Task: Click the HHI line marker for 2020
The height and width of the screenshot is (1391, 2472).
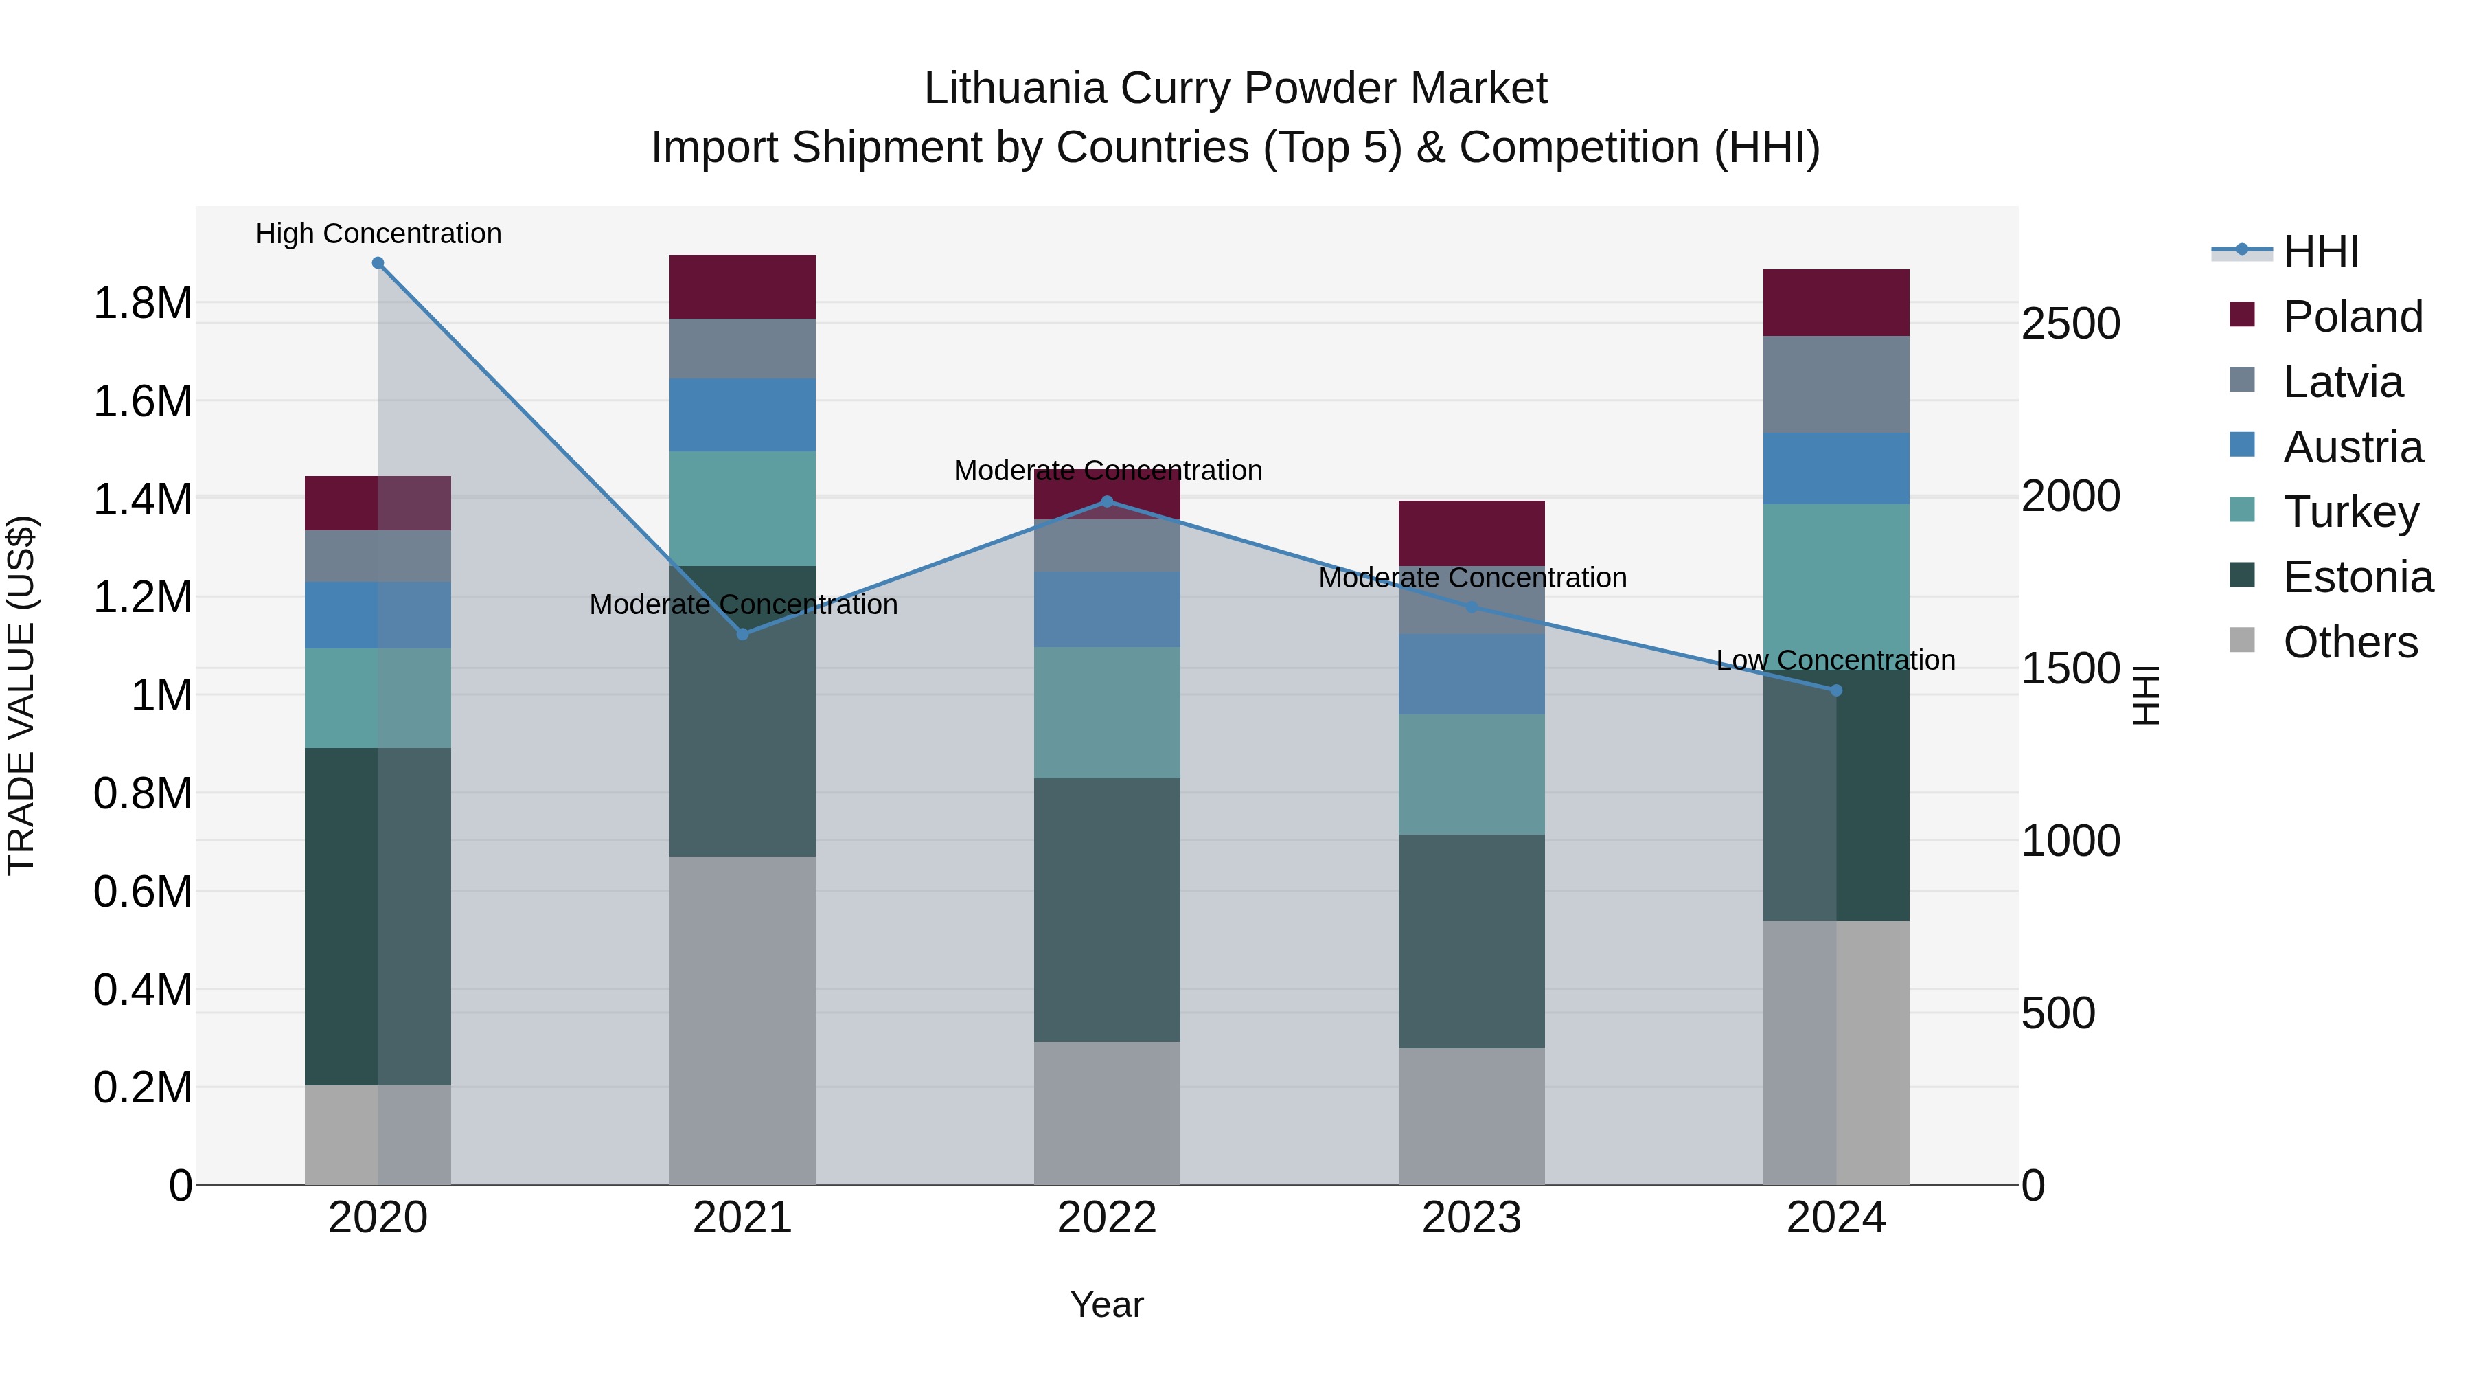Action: [378, 263]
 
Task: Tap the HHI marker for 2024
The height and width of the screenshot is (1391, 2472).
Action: [1835, 690]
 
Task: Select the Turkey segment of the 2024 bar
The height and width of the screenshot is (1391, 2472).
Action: [1835, 585]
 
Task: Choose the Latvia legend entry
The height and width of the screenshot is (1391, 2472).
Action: [2342, 382]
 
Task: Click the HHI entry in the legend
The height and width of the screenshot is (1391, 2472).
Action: [2320, 251]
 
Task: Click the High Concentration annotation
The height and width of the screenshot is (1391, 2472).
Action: [378, 234]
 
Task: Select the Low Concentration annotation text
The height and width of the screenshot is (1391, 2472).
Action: [1835, 660]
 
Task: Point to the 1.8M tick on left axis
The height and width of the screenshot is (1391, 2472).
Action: [142, 304]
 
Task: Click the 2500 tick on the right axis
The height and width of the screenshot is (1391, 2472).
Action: [2070, 324]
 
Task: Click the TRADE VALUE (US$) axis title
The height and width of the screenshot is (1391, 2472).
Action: [21, 695]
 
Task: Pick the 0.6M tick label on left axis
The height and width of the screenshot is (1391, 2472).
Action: [142, 892]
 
